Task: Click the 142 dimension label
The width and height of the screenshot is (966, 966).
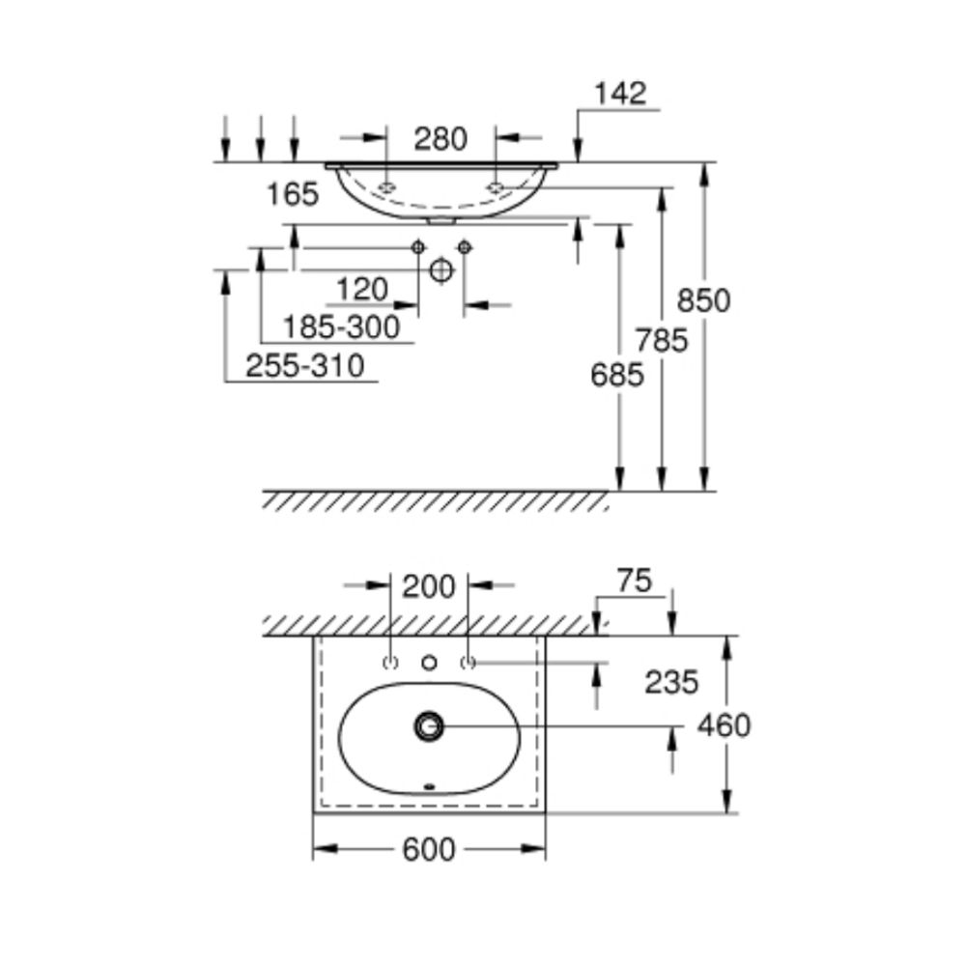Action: (620, 94)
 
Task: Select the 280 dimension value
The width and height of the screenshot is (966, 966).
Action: (440, 139)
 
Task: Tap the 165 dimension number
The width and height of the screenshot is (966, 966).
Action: (293, 195)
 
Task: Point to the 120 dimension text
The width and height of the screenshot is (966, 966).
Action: (362, 290)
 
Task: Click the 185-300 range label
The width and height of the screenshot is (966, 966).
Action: (341, 327)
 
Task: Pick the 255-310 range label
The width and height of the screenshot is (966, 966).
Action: (305, 366)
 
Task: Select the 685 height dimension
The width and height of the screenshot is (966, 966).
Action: (616, 375)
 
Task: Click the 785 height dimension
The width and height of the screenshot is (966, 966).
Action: (662, 341)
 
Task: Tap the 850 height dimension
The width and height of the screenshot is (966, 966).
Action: (703, 301)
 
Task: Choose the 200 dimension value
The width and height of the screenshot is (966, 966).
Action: (429, 587)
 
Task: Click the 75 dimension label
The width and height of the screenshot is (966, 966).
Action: (635, 582)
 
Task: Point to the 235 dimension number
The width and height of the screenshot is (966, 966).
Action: (671, 683)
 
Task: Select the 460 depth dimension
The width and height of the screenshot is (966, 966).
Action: (724, 725)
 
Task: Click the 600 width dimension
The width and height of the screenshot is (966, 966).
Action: (429, 850)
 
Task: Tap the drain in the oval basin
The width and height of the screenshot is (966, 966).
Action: (429, 726)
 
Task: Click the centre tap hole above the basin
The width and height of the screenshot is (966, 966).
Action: (430, 663)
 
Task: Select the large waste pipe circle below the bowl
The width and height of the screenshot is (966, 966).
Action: (441, 270)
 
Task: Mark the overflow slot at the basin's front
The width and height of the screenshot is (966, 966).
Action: (430, 786)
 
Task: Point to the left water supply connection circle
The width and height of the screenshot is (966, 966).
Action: (417, 247)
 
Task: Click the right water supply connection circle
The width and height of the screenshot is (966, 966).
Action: (466, 247)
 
